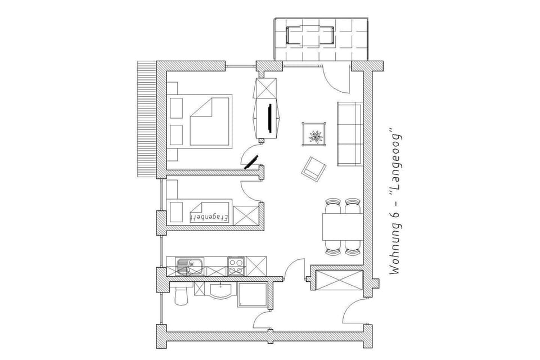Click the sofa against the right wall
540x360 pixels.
349,134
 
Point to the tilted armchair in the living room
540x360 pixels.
314,168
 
